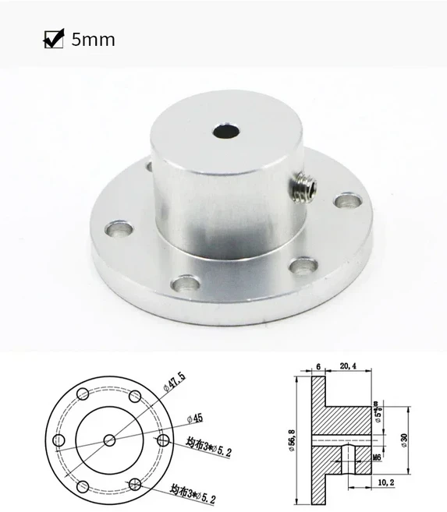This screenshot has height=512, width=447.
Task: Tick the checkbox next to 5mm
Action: (x=53, y=38)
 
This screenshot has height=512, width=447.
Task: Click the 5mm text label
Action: (x=92, y=39)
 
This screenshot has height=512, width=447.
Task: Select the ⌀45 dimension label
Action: (x=198, y=416)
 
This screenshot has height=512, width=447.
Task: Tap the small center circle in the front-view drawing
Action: (x=109, y=441)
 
